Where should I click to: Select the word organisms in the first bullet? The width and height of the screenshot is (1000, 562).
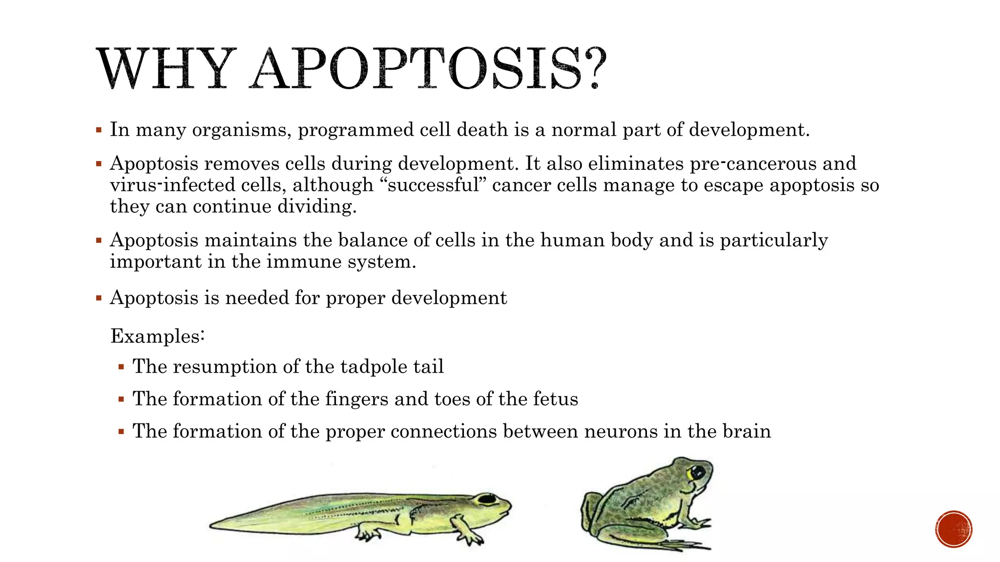pos(241,130)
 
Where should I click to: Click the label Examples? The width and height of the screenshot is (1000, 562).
pos(157,336)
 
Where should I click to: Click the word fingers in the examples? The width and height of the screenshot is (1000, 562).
pos(356,399)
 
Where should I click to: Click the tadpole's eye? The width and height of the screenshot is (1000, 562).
pos(486,499)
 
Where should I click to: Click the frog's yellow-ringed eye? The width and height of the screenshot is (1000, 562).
pos(696,472)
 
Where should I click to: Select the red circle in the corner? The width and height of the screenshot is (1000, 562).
pos(954,529)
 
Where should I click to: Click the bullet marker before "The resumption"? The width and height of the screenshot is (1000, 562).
pos(122,367)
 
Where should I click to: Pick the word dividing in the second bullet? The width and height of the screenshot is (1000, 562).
pos(317,207)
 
